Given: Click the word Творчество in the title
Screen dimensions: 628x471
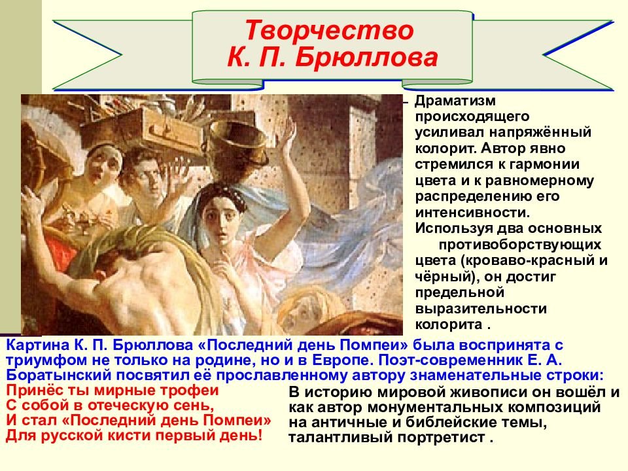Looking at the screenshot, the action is [x=329, y=31].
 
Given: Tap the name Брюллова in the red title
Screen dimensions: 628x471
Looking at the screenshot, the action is [x=366, y=58].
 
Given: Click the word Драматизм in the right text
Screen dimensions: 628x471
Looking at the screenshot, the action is [x=455, y=101].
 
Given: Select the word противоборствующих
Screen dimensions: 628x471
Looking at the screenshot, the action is [x=520, y=244].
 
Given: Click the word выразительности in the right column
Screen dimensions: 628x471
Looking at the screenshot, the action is [x=481, y=309].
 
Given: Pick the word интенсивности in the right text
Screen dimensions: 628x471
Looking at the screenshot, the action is [x=472, y=212].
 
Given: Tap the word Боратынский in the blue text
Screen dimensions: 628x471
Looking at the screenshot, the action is [x=59, y=375].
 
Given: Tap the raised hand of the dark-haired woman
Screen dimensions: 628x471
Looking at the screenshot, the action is [x=287, y=138].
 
